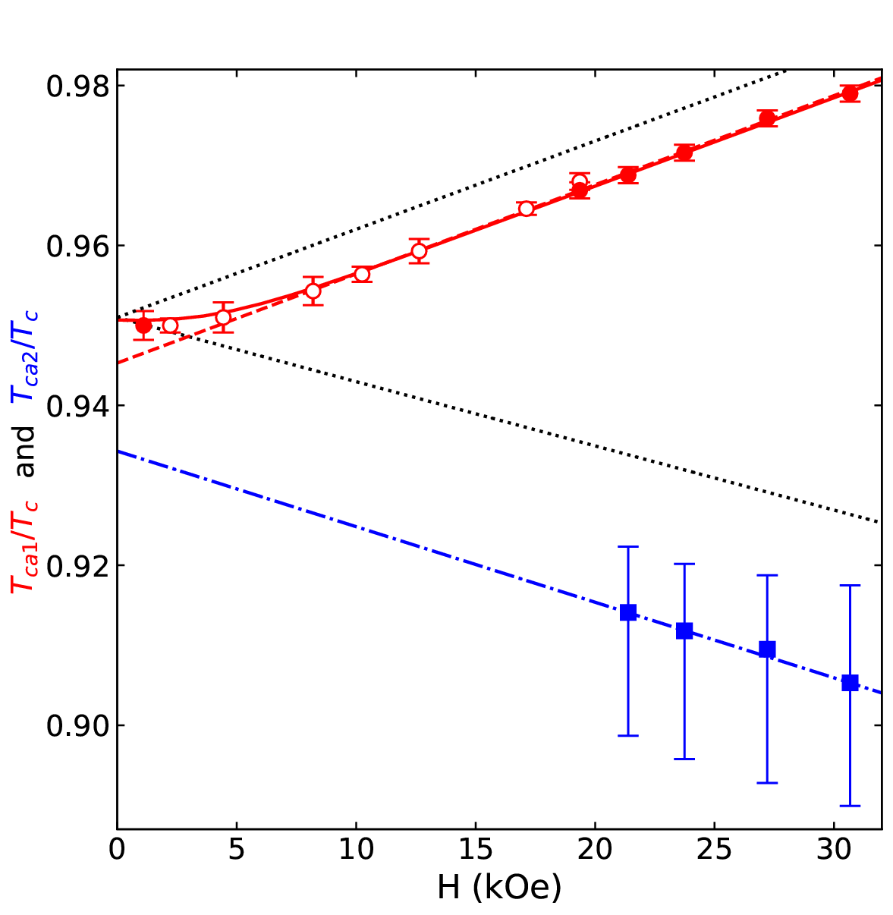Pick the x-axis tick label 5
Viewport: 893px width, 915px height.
click(237, 851)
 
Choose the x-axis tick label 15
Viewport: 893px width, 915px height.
click(475, 851)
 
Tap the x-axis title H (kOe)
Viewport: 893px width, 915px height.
click(499, 887)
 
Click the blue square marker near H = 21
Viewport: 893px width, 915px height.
click(628, 612)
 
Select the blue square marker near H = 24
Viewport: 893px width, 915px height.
click(684, 630)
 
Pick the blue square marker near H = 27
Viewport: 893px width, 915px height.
click(767, 649)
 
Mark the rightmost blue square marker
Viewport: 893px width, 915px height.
click(851, 683)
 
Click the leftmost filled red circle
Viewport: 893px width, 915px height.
click(143, 325)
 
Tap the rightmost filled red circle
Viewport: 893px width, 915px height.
click(850, 94)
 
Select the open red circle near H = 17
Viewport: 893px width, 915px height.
click(527, 209)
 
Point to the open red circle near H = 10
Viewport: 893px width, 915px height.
click(362, 274)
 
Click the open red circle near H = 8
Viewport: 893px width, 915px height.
click(313, 291)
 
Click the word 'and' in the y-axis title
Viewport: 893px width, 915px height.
click(27, 451)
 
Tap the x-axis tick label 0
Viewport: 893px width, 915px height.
click(117, 851)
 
